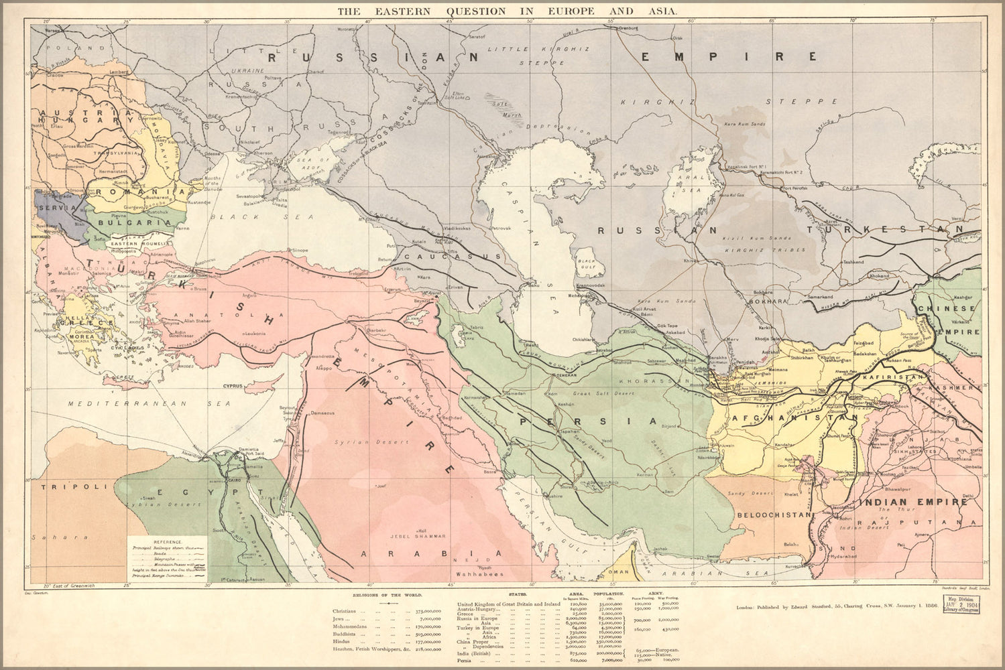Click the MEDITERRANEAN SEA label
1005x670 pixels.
point(148,404)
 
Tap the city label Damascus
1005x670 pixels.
point(322,413)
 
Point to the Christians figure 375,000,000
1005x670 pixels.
point(427,611)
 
